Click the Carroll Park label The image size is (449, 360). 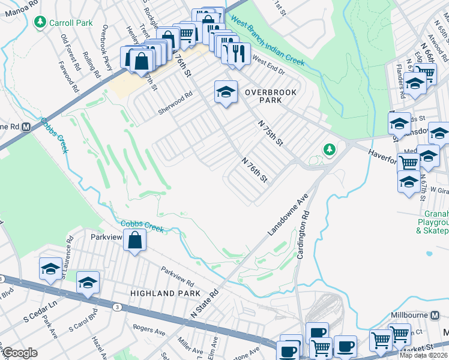(x=71, y=23)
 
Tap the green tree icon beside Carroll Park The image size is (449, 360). (x=40, y=23)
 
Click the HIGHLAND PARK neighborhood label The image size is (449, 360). (x=161, y=293)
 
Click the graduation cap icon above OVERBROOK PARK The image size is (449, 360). (x=225, y=92)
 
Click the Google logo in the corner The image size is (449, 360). (x=20, y=353)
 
